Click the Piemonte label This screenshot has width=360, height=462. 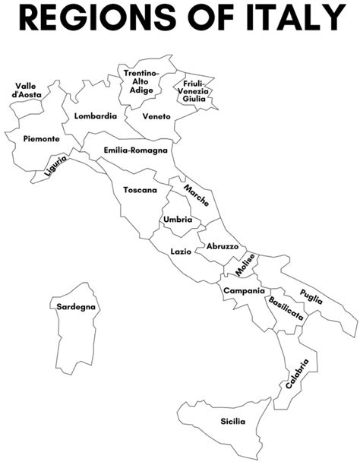(x=41, y=139)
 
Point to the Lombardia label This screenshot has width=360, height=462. (x=96, y=116)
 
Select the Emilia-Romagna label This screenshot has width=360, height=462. (x=136, y=150)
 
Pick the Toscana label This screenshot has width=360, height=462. (x=141, y=189)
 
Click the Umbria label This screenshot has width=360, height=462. (x=177, y=220)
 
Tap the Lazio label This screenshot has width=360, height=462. (x=181, y=251)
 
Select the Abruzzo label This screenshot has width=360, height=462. (x=223, y=247)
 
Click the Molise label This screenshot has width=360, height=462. (x=245, y=265)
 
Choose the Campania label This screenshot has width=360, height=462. (x=244, y=291)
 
